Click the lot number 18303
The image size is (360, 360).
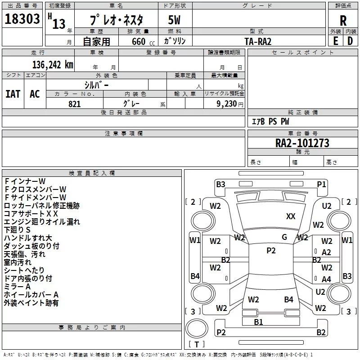click(x=22, y=19)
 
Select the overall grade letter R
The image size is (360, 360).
click(x=343, y=20)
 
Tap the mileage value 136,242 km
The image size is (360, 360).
click(x=53, y=65)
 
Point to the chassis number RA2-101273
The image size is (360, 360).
click(x=302, y=143)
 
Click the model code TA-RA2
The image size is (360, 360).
click(x=258, y=41)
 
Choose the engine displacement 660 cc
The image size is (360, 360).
click(x=143, y=41)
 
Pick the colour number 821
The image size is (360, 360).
click(x=74, y=104)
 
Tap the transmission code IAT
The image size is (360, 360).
click(x=13, y=94)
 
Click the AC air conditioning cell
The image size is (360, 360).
click(x=35, y=94)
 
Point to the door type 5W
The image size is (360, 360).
click(x=174, y=20)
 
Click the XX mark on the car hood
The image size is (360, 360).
click(x=291, y=216)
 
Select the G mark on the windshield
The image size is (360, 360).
click(x=284, y=237)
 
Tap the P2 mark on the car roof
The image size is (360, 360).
click(x=271, y=251)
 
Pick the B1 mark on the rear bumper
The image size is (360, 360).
click(x=258, y=322)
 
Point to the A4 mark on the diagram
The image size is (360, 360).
click(x=326, y=279)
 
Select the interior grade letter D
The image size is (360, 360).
click(x=350, y=41)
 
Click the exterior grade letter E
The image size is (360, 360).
click(x=335, y=41)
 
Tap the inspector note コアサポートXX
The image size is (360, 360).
click(x=31, y=213)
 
